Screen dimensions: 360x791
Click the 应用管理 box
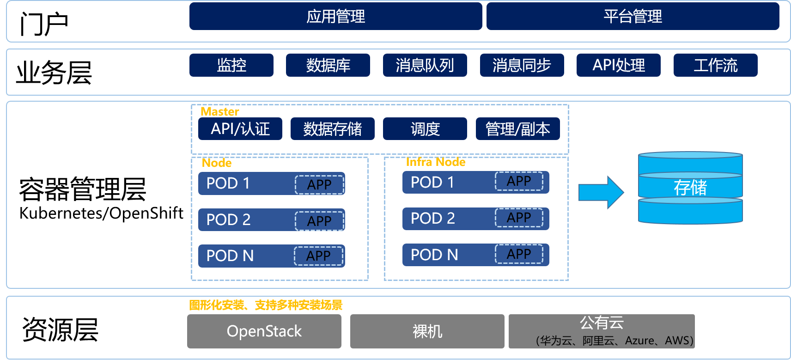point(335,17)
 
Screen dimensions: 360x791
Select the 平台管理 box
point(633,17)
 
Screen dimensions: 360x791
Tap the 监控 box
point(231,65)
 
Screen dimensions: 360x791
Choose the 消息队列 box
point(425,65)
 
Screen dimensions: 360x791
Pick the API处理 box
point(618,65)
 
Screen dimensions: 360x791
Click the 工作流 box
point(715,65)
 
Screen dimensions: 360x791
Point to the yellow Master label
point(220,111)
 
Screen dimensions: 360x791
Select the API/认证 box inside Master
point(240,128)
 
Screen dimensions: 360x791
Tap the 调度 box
point(425,128)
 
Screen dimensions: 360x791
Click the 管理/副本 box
point(517,128)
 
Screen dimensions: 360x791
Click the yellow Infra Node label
point(435,162)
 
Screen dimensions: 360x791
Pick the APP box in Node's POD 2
point(319,221)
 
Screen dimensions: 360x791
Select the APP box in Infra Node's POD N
point(519,254)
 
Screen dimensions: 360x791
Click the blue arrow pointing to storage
point(601,192)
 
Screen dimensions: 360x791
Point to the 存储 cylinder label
point(690,188)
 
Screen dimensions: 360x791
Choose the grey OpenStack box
point(264,331)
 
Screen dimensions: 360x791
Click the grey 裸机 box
point(427,331)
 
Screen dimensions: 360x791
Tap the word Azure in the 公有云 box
point(639,341)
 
